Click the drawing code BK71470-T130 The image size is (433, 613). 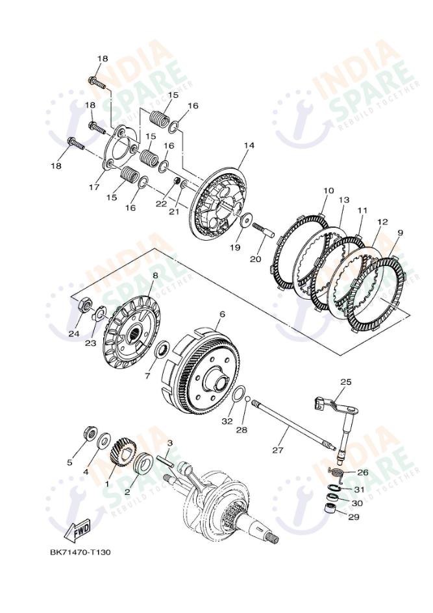80,553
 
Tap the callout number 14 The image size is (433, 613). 249,145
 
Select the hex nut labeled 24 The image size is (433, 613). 83,304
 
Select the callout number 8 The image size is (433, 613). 155,275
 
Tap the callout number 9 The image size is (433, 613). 400,232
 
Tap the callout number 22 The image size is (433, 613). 162,204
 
